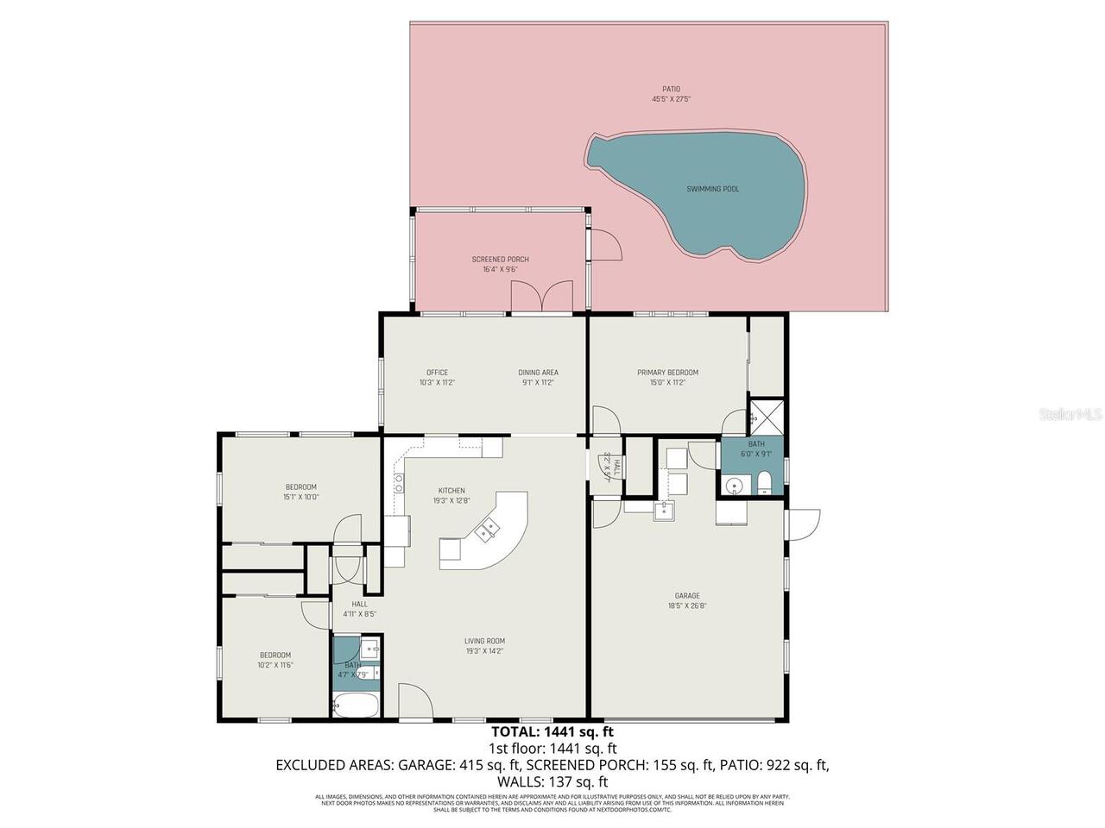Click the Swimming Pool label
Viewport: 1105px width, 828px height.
tap(712, 189)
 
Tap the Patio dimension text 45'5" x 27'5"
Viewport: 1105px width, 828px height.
tap(671, 99)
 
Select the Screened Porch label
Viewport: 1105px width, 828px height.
tap(500, 259)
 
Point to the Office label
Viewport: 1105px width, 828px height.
tap(437, 373)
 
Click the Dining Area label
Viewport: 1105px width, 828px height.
tap(537, 373)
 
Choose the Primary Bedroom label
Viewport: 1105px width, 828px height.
tap(667, 373)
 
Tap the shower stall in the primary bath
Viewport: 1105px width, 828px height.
tap(767, 417)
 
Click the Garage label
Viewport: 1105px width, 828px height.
tap(687, 595)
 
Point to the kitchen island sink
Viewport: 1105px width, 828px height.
tap(489, 528)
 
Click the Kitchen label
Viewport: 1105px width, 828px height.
tap(451, 491)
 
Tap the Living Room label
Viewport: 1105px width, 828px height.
tap(484, 641)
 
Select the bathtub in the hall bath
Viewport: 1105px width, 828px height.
tap(355, 706)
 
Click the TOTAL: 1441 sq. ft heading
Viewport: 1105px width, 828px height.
tap(552, 732)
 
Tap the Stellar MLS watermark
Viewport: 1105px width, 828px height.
tap(1070, 415)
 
